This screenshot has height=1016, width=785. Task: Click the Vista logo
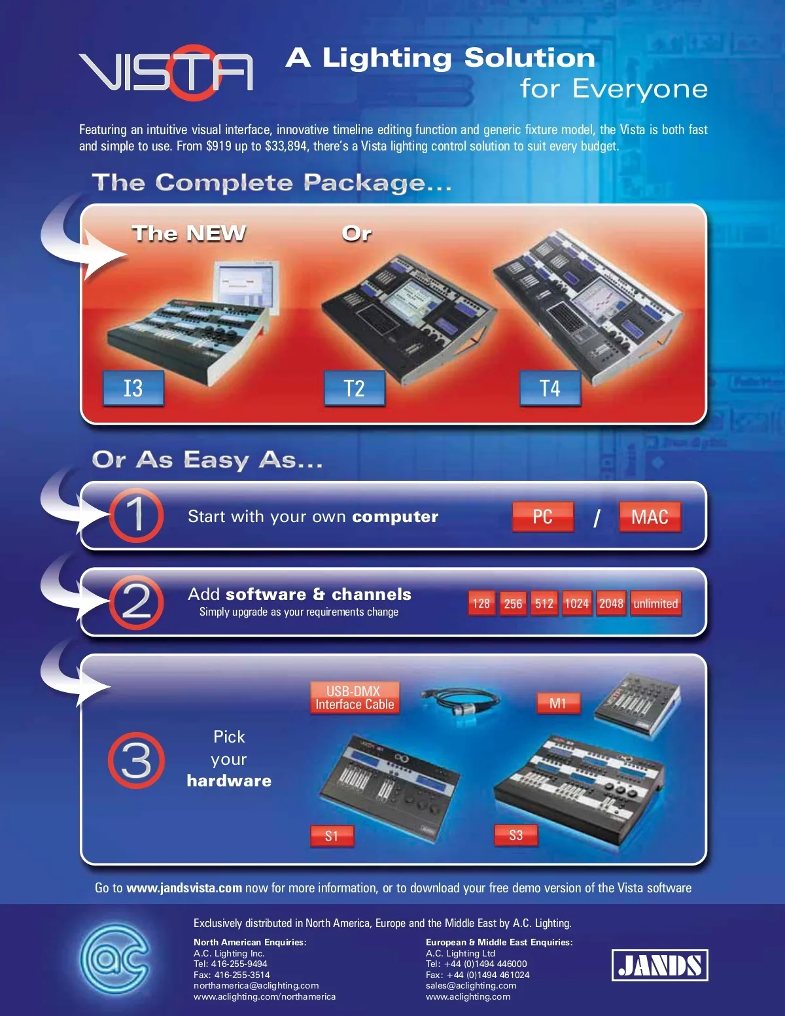tap(166, 73)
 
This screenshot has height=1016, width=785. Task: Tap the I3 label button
tap(133, 388)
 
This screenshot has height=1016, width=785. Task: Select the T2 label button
tap(355, 388)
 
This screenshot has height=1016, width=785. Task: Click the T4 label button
tap(550, 388)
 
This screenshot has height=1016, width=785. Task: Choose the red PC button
tap(543, 517)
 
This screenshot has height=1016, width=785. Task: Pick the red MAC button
tap(650, 517)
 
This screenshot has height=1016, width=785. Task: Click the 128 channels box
tap(481, 603)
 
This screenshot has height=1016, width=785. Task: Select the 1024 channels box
tap(576, 603)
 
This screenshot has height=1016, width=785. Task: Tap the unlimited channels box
tap(655, 603)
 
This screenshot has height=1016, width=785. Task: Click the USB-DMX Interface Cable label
tap(355, 697)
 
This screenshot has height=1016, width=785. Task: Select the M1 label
tap(558, 703)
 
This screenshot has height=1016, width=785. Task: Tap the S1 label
tap(332, 836)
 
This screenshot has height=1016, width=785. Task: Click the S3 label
tap(516, 835)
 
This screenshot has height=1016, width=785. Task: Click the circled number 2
tap(137, 603)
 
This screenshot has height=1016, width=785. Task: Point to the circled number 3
tap(137, 760)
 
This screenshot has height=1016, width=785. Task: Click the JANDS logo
tap(659, 965)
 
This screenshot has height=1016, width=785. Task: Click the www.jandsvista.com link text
tap(184, 888)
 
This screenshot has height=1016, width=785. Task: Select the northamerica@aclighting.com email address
tap(256, 986)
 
